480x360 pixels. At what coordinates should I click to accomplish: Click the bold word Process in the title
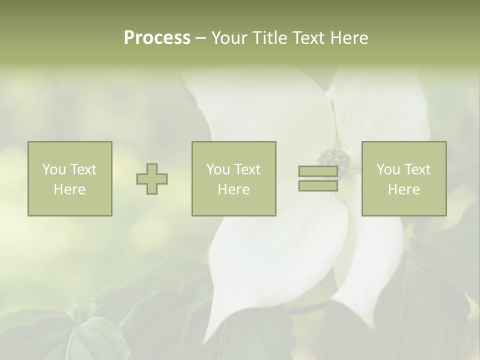157,38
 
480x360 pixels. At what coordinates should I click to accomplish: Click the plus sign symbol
152,179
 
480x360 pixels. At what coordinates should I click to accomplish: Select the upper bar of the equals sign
318,171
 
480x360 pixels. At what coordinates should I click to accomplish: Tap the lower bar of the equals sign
318,185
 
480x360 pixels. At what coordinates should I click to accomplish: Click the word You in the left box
54,169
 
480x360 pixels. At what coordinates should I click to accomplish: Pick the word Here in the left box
69,189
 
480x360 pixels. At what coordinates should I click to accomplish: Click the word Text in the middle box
247,169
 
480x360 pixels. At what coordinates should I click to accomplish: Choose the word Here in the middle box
233,189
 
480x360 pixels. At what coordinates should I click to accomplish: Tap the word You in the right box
388,169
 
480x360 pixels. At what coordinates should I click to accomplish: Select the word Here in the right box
403,189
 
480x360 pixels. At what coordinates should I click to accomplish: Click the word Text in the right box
417,169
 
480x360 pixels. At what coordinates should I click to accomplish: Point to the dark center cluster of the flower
334,159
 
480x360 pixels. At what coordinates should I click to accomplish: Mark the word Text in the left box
83,169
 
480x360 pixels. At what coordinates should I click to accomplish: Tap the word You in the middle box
218,169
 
